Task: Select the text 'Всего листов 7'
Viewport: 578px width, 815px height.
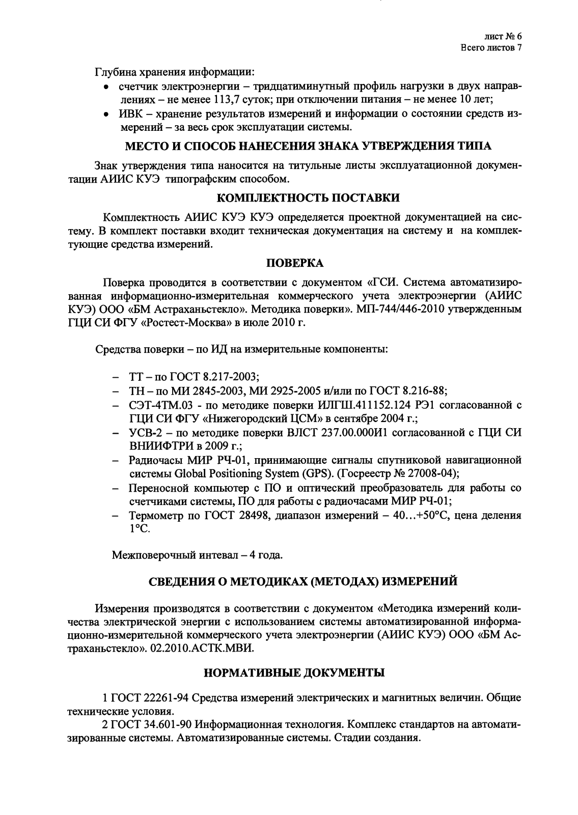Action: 491,48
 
